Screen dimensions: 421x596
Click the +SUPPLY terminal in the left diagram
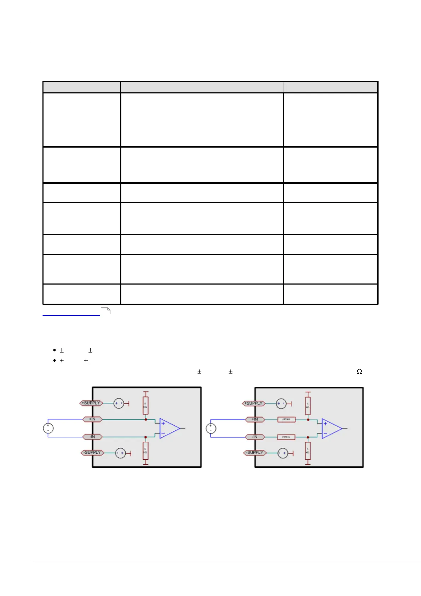point(91,403)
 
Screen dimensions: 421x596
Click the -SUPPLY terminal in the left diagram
point(92,453)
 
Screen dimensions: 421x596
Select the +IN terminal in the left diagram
point(92,419)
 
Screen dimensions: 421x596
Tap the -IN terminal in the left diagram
point(92,437)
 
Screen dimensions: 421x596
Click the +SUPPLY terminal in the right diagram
point(254,403)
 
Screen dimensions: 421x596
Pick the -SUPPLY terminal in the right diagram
point(254,453)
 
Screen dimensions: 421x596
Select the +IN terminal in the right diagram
point(255,419)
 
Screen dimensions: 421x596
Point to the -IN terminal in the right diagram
point(255,437)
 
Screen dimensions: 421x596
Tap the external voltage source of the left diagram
point(48,428)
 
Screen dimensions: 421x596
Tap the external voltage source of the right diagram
point(211,428)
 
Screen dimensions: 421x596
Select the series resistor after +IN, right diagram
point(286,419)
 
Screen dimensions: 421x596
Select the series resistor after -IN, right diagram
point(286,437)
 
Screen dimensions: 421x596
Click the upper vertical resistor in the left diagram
point(145,405)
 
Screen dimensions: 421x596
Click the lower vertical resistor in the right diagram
point(308,451)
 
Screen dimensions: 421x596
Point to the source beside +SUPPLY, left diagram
point(119,403)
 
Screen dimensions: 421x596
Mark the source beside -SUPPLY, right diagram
point(283,453)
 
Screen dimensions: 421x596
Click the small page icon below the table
point(105,311)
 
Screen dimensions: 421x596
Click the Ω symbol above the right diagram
point(359,371)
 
